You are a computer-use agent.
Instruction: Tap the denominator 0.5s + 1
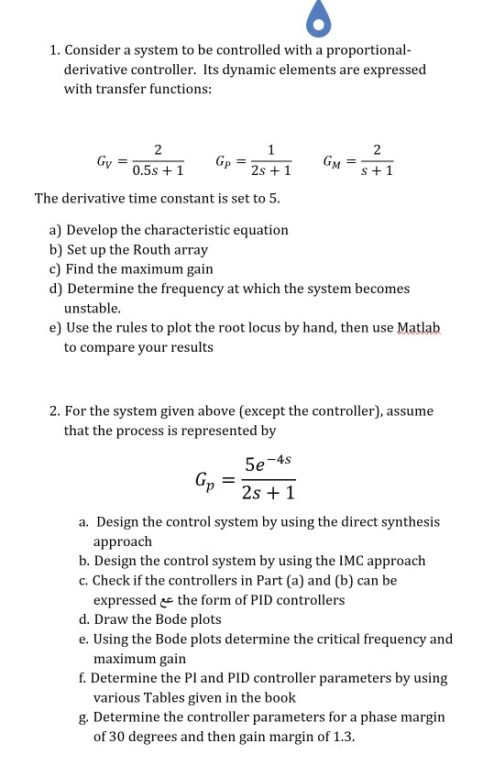pos(158,171)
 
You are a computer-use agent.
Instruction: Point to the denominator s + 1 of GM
pos(377,171)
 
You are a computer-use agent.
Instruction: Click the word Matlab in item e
pos(420,327)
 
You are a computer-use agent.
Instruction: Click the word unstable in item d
pos(93,309)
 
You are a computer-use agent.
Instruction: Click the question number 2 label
pos(54,411)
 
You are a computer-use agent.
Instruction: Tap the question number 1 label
pos(54,49)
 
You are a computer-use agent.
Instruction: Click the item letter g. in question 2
pos(83,717)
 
